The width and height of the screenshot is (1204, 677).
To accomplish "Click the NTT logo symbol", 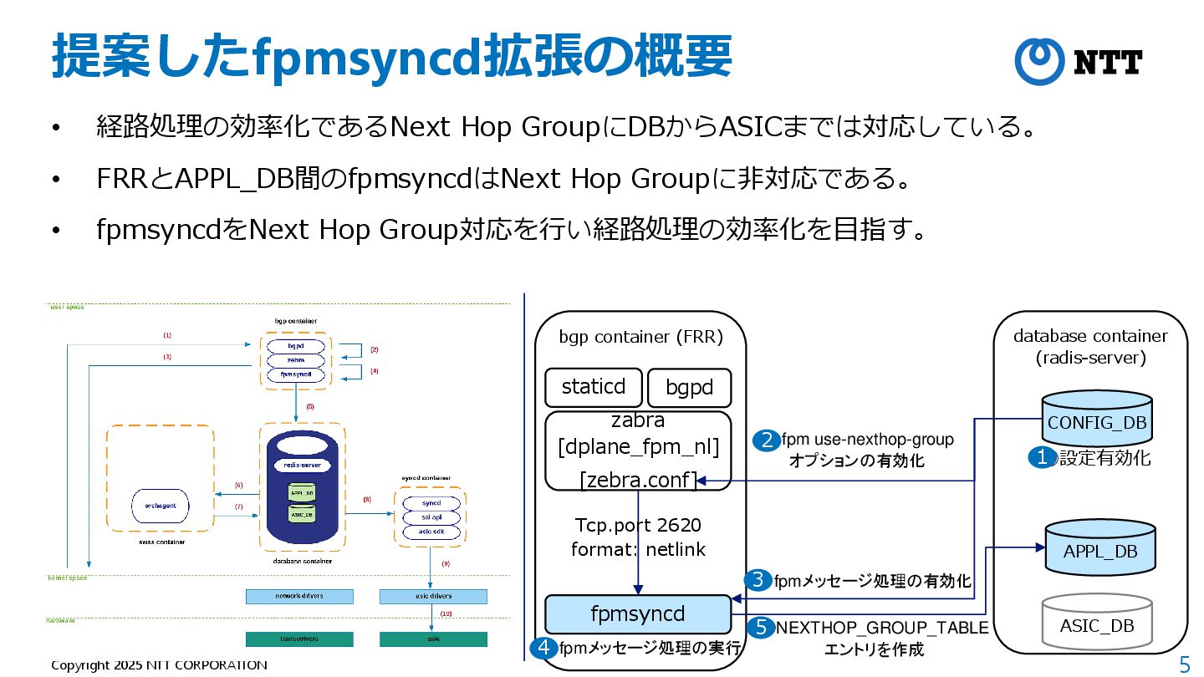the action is pyautogui.click(x=1039, y=61).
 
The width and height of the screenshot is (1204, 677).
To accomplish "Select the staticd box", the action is pyautogui.click(x=594, y=388).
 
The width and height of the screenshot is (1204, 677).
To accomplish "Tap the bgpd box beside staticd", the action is pyautogui.click(x=690, y=389).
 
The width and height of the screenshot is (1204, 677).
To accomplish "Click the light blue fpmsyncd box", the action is pyautogui.click(x=637, y=614).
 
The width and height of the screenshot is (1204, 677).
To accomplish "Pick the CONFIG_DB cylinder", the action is pyautogui.click(x=1097, y=419).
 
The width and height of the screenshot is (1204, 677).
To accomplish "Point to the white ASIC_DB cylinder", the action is pyautogui.click(x=1097, y=622).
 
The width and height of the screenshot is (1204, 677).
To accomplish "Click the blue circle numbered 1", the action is pyautogui.click(x=1042, y=457).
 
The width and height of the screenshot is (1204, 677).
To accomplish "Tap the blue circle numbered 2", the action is pyautogui.click(x=766, y=440).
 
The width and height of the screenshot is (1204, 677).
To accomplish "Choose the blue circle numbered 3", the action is pyautogui.click(x=758, y=580).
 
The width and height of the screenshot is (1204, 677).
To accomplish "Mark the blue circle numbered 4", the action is pyautogui.click(x=545, y=648).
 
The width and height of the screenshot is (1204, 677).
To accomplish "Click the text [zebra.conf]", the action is pyautogui.click(x=638, y=481).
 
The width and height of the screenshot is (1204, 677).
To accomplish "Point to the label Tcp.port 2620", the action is pyautogui.click(x=638, y=526).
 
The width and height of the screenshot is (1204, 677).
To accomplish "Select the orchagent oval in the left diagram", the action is pyautogui.click(x=161, y=506).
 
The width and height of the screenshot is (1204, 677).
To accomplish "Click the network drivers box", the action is pyautogui.click(x=299, y=596).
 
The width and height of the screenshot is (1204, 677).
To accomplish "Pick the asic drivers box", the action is pyautogui.click(x=433, y=596).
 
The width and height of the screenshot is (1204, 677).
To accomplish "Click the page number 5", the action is pyautogui.click(x=1184, y=664).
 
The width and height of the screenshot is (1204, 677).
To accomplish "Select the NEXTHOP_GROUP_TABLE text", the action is pyautogui.click(x=882, y=628).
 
